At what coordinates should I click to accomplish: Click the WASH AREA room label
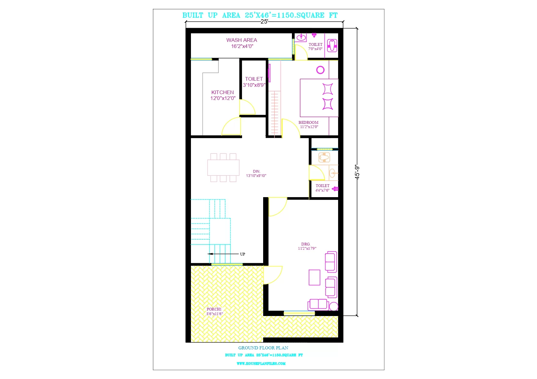point(241,40)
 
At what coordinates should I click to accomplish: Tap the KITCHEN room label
point(222,92)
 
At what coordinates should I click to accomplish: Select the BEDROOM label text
point(308,122)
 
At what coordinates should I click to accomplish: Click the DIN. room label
point(256,171)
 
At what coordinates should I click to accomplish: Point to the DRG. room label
point(306,244)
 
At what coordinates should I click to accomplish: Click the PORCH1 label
point(214,309)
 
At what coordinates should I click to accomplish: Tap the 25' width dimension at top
point(264,21)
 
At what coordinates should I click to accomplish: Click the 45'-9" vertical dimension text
point(357,172)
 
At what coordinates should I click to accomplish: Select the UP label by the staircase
point(242,254)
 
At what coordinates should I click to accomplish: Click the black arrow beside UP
point(223,254)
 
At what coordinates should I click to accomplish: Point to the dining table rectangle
point(223,167)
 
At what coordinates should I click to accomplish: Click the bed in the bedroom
point(319,98)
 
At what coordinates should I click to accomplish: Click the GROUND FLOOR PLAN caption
point(263,348)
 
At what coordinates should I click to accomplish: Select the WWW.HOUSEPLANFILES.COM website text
point(261,363)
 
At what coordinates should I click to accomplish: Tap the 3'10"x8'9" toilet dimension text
point(254,85)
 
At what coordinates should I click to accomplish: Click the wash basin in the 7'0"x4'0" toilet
point(301,37)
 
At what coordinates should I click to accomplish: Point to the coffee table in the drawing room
point(314,277)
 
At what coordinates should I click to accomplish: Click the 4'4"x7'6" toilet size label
point(323,190)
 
